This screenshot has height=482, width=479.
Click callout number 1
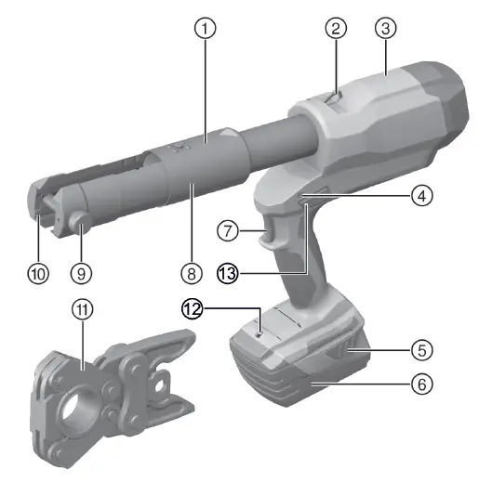tap(207, 28)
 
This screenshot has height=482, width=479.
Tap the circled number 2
tap(336, 28)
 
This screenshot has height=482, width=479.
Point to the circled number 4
tap(422, 196)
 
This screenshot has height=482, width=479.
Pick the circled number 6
tap(422, 382)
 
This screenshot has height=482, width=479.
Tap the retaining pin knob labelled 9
tap(80, 223)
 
